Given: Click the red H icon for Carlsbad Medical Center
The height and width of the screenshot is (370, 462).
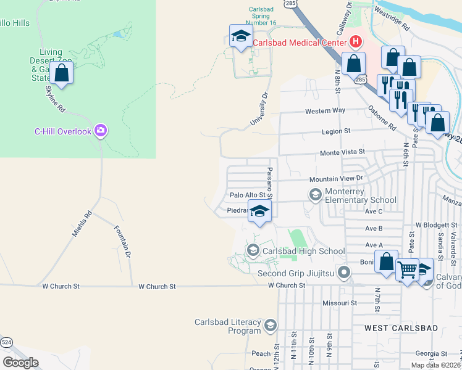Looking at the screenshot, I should click(355, 42).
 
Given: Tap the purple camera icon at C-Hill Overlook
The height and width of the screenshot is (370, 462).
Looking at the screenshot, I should click(101, 131).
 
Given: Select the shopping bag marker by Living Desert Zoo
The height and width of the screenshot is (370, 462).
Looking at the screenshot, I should click(62, 73).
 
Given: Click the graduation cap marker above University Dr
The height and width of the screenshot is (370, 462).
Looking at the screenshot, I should click(241, 36).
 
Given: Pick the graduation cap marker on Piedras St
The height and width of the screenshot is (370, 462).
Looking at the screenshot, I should click(260, 212).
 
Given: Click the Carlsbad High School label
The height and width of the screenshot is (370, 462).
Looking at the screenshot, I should click(303, 251).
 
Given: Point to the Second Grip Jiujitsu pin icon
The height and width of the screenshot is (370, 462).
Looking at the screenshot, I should click(345, 272).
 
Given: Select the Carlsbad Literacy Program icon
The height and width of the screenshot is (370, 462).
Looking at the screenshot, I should click(270, 326).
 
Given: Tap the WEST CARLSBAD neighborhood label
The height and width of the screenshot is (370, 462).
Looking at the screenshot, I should click(393, 327).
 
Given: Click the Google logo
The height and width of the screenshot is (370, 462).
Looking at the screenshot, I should click(20, 362).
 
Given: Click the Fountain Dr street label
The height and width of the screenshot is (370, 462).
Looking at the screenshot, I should click(122, 241).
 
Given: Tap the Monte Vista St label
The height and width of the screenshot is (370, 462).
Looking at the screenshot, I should click(342, 152).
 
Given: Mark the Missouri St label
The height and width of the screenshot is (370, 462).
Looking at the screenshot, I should click(340, 303).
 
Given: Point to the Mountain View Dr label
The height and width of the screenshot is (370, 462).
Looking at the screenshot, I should click(335, 179).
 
